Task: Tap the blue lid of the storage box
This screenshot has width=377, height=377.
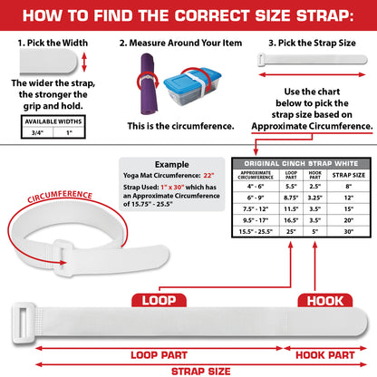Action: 193,79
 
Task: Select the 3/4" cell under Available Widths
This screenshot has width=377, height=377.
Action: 37,132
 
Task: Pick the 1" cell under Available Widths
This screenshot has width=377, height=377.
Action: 69,132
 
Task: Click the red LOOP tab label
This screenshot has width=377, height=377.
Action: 159,300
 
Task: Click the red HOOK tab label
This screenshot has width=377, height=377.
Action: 325,301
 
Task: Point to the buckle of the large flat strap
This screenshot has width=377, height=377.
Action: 24,323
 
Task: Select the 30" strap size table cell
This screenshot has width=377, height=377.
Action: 349,232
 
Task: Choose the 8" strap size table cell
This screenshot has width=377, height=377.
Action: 349,187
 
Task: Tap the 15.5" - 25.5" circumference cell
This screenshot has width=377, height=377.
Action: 256,232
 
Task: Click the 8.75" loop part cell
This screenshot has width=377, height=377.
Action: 291,198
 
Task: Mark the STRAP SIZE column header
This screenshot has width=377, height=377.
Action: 349,175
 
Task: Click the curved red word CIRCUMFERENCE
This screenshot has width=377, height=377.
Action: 60,196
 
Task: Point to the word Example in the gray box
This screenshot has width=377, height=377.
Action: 172,164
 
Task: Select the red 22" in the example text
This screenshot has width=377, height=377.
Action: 208,175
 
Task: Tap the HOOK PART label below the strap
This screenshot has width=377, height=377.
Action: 325,355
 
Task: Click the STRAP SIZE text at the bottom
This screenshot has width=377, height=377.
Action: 201,372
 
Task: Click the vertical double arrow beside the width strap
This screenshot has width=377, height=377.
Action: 84,62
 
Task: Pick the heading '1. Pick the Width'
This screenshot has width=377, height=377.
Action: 53,43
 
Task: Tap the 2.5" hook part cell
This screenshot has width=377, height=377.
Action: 314,187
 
